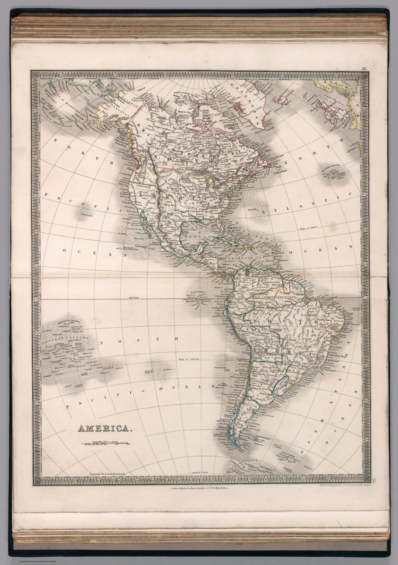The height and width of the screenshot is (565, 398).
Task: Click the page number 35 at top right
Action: pos(364,68)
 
